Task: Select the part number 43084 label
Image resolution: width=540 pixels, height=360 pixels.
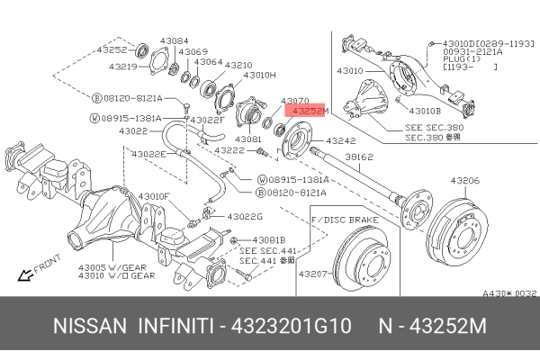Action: pyautogui.click(x=175, y=40)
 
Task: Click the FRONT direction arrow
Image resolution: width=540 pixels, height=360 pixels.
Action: pyautogui.click(x=27, y=270)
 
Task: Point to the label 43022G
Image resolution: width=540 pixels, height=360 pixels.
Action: pyautogui.click(x=245, y=217)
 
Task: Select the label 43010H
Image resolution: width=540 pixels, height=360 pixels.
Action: pyautogui.click(x=261, y=75)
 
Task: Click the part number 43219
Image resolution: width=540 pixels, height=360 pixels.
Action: pyautogui.click(x=122, y=67)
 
